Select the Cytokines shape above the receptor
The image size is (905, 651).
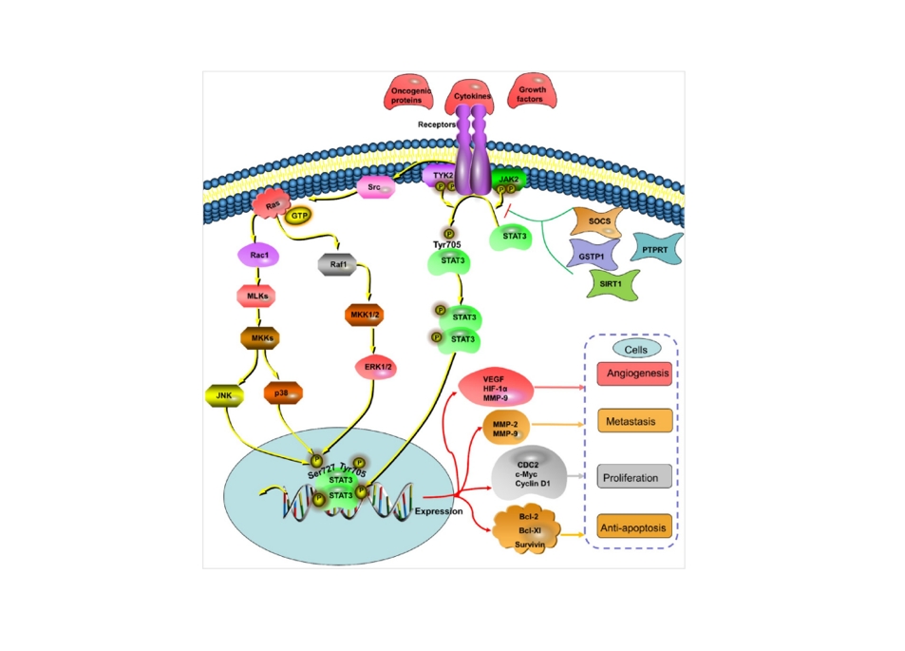coord(471,95)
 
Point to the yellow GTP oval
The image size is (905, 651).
coord(300,216)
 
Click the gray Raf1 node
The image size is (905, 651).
coord(337,268)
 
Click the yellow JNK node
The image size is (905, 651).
coord(224,393)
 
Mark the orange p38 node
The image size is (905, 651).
coord(283,393)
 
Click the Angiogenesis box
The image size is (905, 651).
coord(634,374)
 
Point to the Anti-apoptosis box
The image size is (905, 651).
coord(634,526)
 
